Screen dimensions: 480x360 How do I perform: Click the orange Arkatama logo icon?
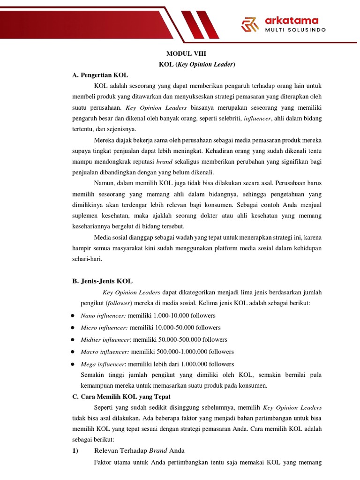(249, 24)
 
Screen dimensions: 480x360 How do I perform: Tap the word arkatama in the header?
(292, 20)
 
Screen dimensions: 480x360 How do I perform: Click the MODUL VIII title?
(186, 54)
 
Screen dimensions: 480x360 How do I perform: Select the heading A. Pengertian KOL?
(100, 75)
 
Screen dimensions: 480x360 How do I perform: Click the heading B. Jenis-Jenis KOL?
(103, 281)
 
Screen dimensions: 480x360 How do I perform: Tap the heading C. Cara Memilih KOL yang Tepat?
(121, 397)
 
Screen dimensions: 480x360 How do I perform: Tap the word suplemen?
(86, 216)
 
